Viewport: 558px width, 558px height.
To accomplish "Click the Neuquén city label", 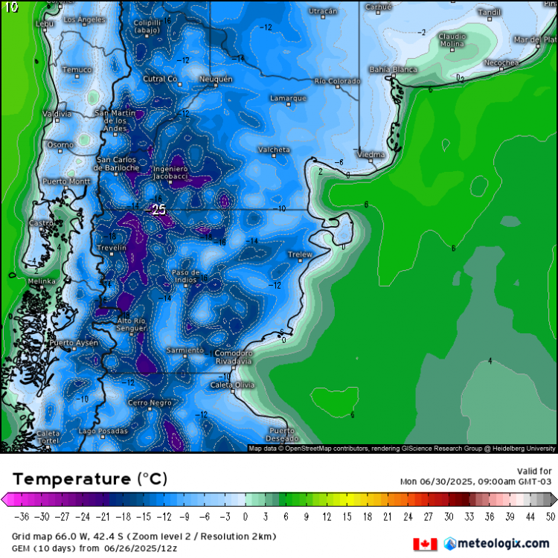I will pyautogui.click(x=216, y=79).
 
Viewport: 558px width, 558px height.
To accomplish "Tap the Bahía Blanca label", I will pyautogui.click(x=393, y=69).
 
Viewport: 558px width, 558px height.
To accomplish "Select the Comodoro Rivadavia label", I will pyautogui.click(x=233, y=357).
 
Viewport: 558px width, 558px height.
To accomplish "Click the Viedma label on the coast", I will pyautogui.click(x=371, y=154).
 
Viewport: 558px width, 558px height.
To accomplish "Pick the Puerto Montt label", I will pyautogui.click(x=66, y=182).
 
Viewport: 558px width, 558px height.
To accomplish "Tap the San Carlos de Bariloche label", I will pyautogui.click(x=118, y=164).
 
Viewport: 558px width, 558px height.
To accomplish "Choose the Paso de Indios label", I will pyautogui.click(x=185, y=277).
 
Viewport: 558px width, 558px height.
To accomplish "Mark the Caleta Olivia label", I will pyautogui.click(x=232, y=385).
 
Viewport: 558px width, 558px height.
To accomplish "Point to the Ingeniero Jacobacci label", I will pyautogui.click(x=170, y=173).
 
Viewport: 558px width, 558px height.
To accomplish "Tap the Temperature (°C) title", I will pyautogui.click(x=90, y=478).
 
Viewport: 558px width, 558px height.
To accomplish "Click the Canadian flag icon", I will pyautogui.click(x=425, y=544).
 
